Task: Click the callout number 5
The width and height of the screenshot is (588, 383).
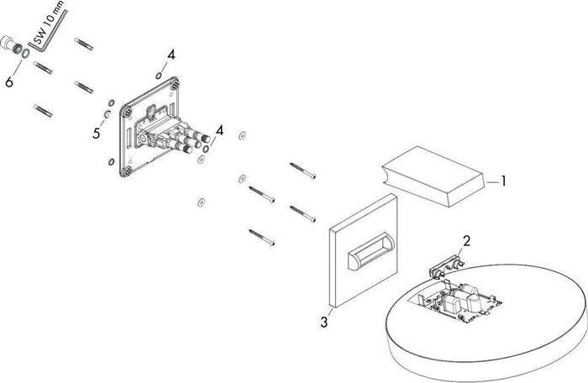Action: (x=96, y=133)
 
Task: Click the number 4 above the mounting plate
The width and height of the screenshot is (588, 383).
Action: (x=171, y=54)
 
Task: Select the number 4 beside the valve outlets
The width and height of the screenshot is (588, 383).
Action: (x=219, y=129)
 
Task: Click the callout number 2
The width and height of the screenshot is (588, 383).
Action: (x=467, y=240)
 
